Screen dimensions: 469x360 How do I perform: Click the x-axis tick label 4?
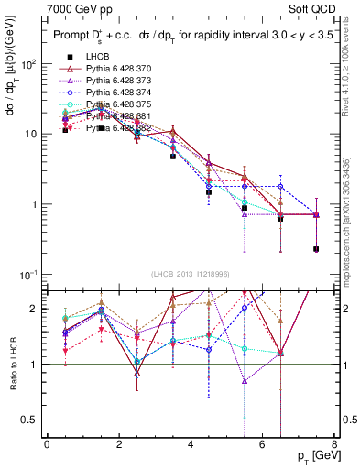(190, 444)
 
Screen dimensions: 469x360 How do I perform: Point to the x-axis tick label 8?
(333, 444)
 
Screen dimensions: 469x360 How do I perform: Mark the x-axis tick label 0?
(47, 444)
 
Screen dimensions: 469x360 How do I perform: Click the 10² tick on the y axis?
(29, 64)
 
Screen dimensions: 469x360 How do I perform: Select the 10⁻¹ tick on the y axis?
(29, 275)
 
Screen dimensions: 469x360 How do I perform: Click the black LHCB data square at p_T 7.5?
(316, 249)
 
